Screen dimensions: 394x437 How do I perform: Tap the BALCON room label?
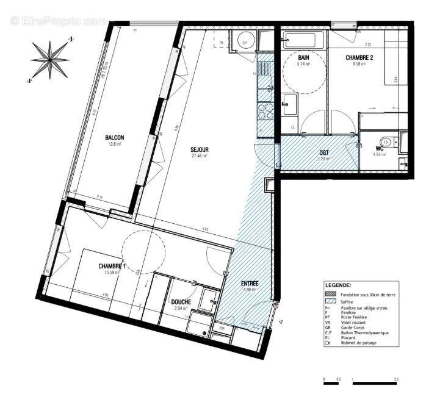point(115,138)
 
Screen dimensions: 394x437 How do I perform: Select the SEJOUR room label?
point(200,149)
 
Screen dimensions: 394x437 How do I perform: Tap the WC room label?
point(379,148)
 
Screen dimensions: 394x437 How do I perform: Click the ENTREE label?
point(249,284)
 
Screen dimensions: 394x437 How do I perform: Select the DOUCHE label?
point(181,302)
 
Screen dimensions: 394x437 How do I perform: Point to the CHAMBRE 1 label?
point(112,267)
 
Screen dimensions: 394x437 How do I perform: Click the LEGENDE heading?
point(338,285)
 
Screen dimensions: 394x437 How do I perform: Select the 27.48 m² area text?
point(200,156)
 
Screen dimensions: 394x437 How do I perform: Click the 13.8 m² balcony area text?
point(115,145)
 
